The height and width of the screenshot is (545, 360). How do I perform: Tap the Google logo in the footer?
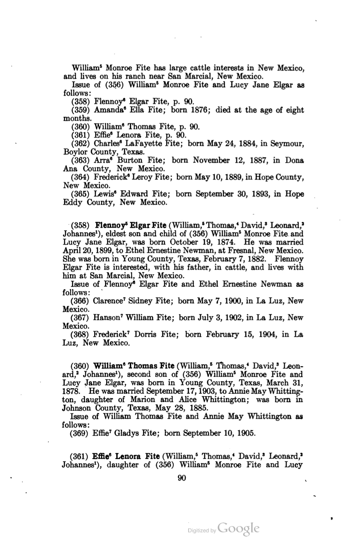pyautogui.click(x=238, y=528)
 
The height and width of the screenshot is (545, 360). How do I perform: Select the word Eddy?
pyautogui.click(x=73, y=203)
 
